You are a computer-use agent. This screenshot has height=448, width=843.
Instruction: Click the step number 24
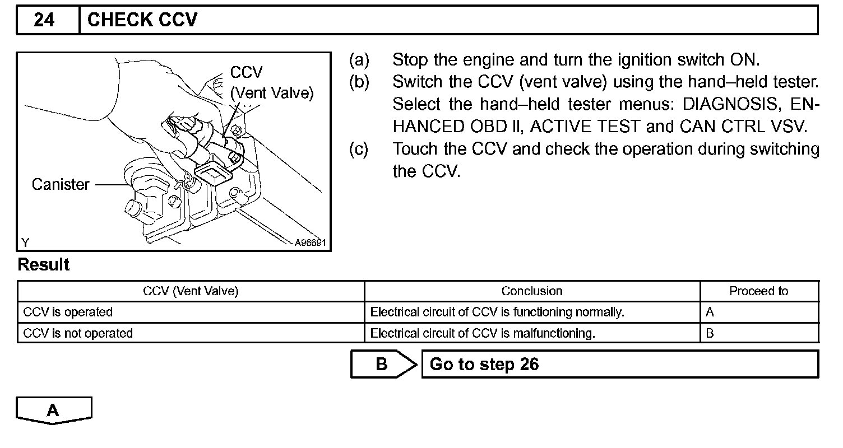click(44, 21)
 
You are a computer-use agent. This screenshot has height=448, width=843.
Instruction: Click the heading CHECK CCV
click(142, 21)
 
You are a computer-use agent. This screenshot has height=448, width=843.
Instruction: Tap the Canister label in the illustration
click(61, 184)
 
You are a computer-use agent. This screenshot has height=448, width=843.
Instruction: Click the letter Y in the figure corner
click(25, 242)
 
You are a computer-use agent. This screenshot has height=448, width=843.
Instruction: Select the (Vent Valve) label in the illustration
click(272, 94)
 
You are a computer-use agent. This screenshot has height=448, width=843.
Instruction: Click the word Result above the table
click(44, 265)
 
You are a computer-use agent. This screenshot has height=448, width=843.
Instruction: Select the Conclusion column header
click(531, 291)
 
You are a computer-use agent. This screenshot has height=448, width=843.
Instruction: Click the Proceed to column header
click(758, 291)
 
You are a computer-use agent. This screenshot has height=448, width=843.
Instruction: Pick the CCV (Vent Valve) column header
click(191, 291)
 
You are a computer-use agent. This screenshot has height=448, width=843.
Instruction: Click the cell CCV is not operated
click(78, 334)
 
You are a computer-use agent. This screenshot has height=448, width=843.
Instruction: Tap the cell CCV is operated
click(68, 312)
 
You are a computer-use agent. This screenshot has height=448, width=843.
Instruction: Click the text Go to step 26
click(484, 365)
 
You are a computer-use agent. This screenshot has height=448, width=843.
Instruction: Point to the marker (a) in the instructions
click(359, 59)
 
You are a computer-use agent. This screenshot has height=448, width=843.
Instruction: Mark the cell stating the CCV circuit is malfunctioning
click(482, 334)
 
